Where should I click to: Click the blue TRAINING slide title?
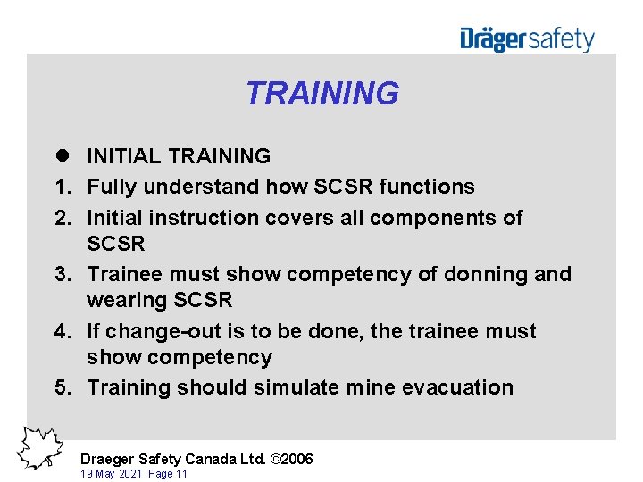point(321,93)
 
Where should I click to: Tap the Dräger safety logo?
point(527,39)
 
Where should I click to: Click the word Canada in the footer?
point(213,459)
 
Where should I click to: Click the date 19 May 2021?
point(111,474)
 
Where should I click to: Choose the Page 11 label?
point(167,474)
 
